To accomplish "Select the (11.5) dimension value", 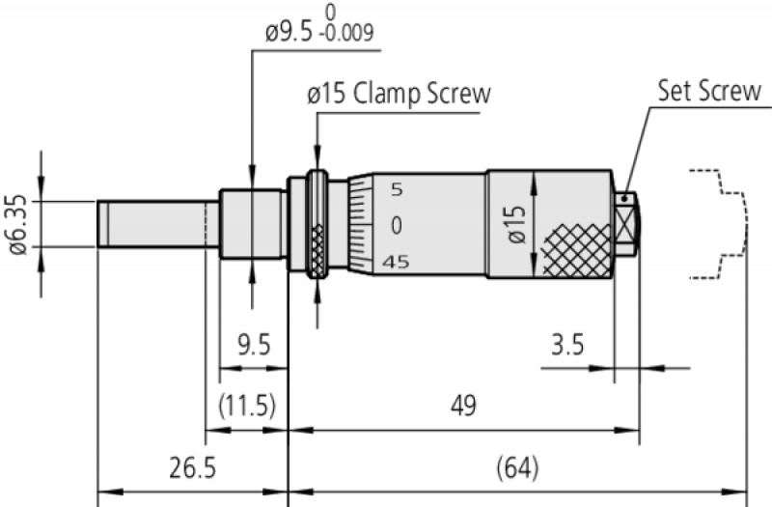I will [247, 406].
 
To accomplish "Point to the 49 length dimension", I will [464, 406].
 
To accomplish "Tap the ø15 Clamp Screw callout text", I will [399, 95].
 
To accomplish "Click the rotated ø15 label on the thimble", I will [517, 224].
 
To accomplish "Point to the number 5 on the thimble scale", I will [397, 189].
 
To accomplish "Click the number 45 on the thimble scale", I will [396, 262].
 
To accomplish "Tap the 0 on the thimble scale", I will [397, 225].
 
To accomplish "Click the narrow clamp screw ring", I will [317, 224].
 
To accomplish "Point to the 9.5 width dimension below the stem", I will [254, 345].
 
